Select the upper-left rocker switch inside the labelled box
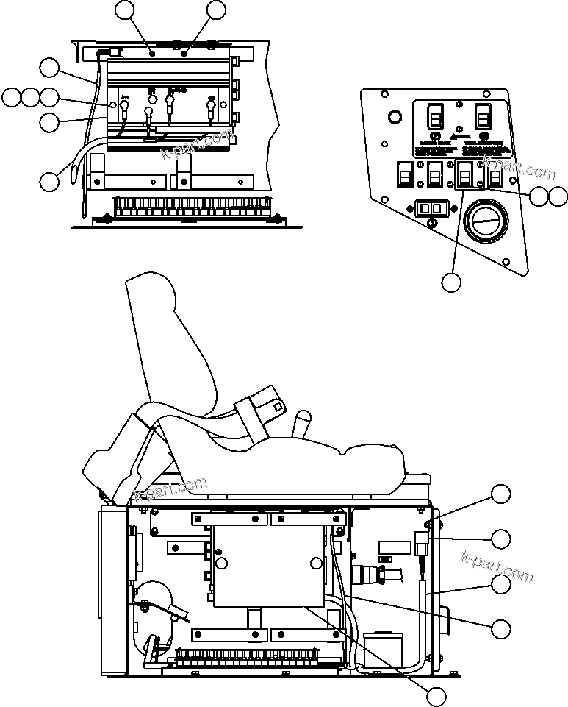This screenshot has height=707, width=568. (x=435, y=116)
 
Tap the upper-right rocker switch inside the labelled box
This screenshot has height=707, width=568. (x=483, y=116)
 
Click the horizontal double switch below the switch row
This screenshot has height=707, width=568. (x=431, y=209)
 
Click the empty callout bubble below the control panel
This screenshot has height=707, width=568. (x=451, y=282)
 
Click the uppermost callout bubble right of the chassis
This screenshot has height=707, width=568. (x=501, y=494)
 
